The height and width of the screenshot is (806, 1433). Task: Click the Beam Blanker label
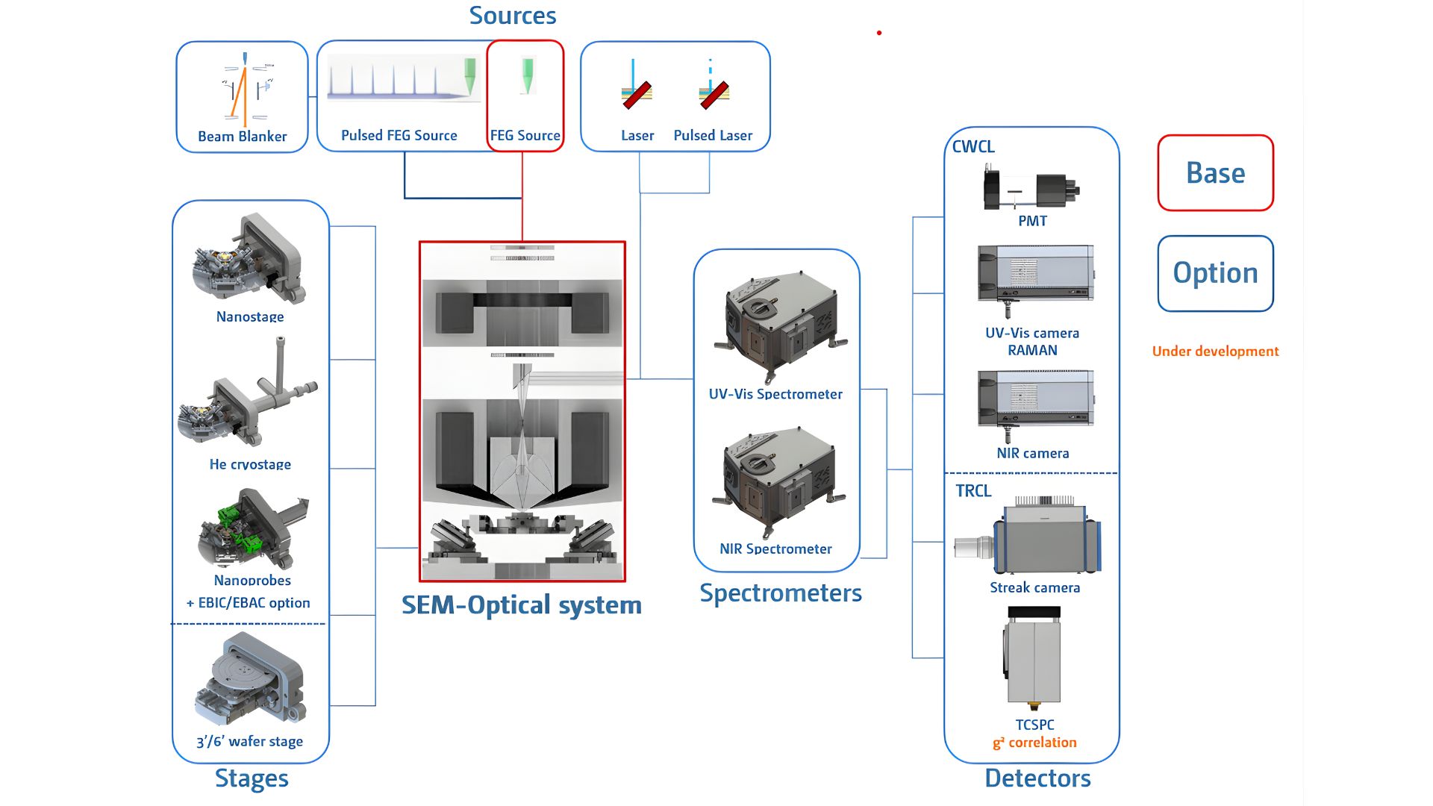[242, 137]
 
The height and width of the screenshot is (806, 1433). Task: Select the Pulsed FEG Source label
[399, 135]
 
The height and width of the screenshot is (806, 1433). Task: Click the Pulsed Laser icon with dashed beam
[713, 85]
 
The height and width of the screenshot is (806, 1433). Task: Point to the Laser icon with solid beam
[636, 85]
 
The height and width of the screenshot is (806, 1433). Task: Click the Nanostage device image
[249, 259]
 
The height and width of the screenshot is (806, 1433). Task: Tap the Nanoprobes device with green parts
[252, 529]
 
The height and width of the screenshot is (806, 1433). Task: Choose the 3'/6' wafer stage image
[251, 680]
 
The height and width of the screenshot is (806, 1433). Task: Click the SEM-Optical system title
[521, 604]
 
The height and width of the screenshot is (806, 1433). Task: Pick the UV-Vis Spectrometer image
[780, 325]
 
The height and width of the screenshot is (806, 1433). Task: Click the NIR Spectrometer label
[775, 549]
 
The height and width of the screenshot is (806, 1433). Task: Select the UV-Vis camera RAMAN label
[1032, 341]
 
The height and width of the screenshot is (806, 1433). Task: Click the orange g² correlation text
[1034, 743]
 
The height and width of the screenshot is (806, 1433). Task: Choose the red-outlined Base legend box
[1215, 173]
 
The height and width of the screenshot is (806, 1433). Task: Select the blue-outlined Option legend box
[1215, 273]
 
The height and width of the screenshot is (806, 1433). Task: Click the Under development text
[1215, 352]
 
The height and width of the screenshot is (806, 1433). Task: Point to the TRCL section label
[973, 491]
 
